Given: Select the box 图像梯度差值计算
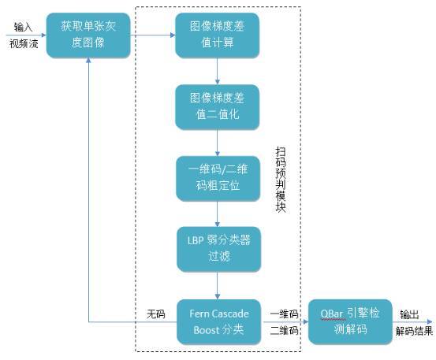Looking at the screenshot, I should point(217,34).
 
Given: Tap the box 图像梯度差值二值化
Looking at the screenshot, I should point(217,106).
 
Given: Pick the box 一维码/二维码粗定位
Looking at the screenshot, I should point(217,179).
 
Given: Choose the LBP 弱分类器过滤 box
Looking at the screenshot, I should point(217,249).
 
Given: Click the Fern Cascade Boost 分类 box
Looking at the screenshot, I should point(217,321).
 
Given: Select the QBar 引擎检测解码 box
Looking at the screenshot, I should point(349,321).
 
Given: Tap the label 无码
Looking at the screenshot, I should point(156,314).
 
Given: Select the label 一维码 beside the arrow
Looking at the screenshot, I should point(282,313).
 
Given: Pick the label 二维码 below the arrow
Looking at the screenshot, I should point(282,331).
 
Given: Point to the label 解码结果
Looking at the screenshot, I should point(414,331).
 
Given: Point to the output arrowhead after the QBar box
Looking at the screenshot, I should point(428,321).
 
